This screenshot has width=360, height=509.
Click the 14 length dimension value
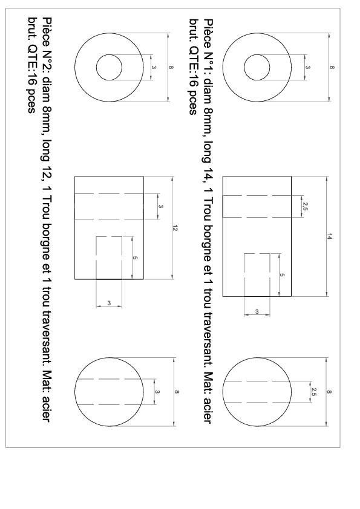(330, 237)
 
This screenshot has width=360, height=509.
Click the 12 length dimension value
(175, 229)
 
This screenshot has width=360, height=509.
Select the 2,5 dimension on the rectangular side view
(305, 207)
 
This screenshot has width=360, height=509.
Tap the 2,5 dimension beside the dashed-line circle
(313, 392)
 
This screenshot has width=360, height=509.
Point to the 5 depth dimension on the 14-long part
(283, 275)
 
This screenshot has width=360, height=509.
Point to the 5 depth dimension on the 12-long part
(136, 258)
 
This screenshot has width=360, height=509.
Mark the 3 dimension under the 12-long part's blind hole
(109, 303)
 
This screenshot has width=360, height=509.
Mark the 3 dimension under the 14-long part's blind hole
(257, 312)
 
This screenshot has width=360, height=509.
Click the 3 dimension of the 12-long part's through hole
(161, 207)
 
